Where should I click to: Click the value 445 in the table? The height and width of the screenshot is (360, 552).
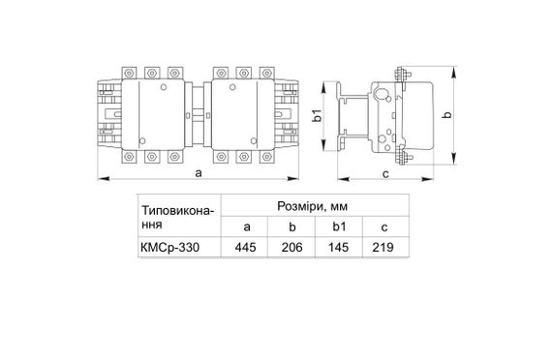tap(246, 247)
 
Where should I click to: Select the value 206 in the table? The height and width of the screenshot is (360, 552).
tap(292, 247)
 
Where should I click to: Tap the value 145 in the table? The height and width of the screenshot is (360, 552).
tap(339, 247)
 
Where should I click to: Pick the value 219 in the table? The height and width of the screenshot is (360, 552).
tap(385, 247)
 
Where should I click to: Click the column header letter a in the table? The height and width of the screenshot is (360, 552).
tap(246, 226)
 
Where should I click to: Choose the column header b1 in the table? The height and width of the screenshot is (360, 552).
tap(339, 226)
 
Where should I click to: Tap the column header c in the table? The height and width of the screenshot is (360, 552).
tap(385, 226)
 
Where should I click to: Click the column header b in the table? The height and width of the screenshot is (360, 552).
tap(292, 226)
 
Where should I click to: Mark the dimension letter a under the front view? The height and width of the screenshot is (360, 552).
tap(197, 173)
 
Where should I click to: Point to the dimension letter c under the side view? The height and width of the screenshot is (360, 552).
tap(384, 173)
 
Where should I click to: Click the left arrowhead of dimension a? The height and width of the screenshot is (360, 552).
tap(100, 179)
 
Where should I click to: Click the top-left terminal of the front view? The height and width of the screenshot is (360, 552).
tap(129, 74)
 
